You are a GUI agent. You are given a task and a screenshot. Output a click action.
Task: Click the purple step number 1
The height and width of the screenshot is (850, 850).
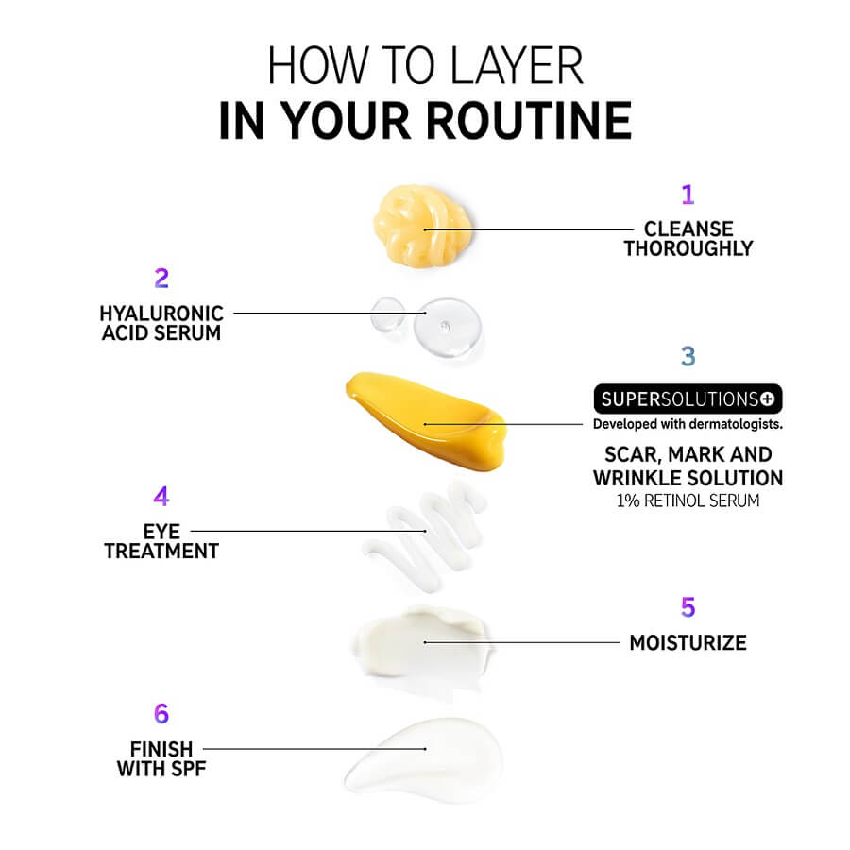(x=688, y=194)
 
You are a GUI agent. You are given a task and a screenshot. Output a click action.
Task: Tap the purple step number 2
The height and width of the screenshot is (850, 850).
(x=161, y=278)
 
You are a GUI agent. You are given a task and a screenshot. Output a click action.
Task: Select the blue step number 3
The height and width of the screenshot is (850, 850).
(x=688, y=356)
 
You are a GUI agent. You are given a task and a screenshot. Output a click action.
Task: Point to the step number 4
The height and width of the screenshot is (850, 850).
(x=161, y=496)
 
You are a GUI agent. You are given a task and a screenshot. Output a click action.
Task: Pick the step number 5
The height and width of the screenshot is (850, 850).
(x=688, y=607)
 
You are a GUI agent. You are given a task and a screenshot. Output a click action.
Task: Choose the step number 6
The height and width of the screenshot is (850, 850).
(x=161, y=713)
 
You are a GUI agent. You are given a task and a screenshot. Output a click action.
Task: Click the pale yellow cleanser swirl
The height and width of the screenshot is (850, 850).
(x=422, y=225)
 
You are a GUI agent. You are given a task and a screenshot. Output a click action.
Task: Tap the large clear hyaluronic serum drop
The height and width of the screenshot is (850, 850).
(x=448, y=327)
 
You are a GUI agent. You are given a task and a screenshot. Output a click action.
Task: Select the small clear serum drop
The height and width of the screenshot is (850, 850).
(x=387, y=314)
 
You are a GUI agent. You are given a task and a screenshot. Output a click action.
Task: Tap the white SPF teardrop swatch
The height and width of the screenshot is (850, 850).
(x=426, y=756)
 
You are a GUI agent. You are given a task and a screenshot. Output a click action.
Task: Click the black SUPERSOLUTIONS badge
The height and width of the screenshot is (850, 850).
(x=688, y=399)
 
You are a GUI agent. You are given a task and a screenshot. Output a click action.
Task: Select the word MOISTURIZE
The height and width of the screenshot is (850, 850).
(x=688, y=643)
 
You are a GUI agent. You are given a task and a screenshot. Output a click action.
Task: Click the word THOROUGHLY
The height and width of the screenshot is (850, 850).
(x=688, y=248)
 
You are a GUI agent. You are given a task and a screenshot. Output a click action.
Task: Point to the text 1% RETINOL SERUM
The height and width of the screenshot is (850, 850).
(x=688, y=501)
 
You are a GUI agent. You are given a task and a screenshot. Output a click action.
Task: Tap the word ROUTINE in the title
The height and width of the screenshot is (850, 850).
(x=529, y=120)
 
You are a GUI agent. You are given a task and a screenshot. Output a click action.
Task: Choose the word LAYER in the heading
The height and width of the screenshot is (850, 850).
(x=517, y=65)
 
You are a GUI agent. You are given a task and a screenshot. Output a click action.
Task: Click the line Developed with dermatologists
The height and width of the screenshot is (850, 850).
(x=688, y=424)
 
